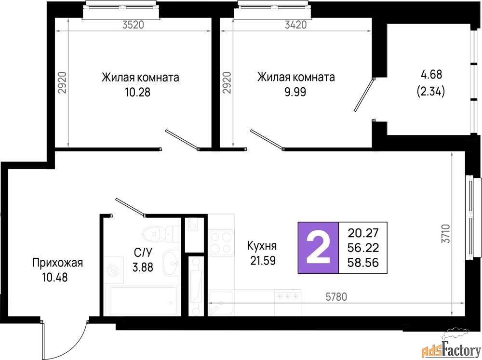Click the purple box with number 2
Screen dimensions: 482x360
(318, 248)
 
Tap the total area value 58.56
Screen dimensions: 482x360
(363, 263)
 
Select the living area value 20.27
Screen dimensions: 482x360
(363, 233)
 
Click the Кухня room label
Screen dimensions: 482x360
(262, 246)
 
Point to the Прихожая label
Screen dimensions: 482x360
(57, 263)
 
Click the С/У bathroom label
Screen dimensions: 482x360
(143, 253)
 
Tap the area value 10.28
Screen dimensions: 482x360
(138, 92)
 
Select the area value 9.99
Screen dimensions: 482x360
(295, 92)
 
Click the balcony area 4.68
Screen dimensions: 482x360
(430, 74)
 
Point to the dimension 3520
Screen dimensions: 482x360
(133, 25)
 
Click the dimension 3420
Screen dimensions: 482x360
(296, 25)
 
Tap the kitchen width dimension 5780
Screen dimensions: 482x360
(336, 297)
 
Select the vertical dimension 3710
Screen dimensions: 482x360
(446, 234)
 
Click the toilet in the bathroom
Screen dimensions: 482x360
(161, 234)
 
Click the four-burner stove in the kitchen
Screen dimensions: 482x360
(221, 242)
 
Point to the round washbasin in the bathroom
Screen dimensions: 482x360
(171, 263)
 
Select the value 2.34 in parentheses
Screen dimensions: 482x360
(430, 91)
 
